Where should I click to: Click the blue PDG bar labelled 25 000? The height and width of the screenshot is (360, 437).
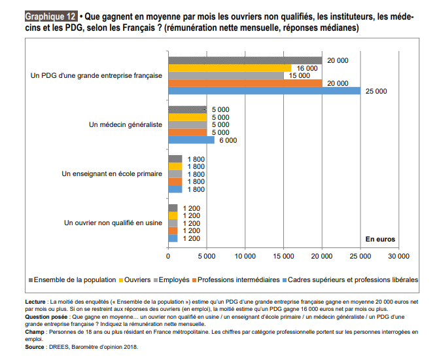[x=264, y=91]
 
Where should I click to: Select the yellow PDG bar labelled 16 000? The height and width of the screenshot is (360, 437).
[x=230, y=68]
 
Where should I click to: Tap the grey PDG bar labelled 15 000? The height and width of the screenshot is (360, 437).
[x=226, y=75]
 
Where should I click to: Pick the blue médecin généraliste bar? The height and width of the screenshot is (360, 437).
[x=192, y=140]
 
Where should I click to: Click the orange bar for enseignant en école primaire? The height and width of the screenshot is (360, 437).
[x=175, y=181]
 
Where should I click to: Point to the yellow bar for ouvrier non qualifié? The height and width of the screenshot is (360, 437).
[x=173, y=215]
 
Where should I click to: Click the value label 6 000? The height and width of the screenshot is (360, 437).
[x=228, y=140]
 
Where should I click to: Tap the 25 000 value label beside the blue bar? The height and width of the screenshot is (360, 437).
[x=376, y=91]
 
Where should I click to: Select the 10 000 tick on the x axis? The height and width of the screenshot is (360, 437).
[x=245, y=256]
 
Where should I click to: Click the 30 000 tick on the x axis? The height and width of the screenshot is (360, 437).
[x=398, y=256]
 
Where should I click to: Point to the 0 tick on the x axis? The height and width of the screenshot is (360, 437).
[x=168, y=256]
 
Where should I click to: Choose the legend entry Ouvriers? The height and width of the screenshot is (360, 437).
[x=135, y=279]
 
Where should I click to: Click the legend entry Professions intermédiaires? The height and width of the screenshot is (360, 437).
[x=236, y=279]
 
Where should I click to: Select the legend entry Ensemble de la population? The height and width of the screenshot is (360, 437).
[x=72, y=279]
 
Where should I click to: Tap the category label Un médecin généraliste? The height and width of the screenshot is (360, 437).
[x=126, y=124]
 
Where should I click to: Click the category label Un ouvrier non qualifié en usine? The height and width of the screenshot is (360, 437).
[x=113, y=223]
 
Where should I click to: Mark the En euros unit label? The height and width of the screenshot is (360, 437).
[x=380, y=239]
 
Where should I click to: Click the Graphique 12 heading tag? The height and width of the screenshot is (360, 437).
[x=51, y=16]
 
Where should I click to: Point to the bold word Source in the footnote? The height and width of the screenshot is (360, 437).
[x=35, y=347]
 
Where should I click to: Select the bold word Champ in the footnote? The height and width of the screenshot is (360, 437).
[x=35, y=332]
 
